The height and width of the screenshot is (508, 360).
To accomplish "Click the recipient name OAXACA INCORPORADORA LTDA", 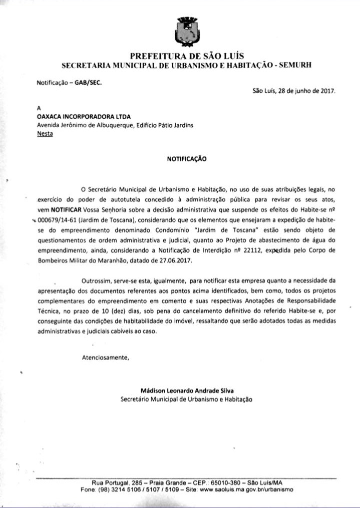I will point(77,117).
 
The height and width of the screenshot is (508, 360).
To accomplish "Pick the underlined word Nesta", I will point(45,134).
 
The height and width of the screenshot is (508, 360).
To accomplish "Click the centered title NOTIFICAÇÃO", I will point(186,159).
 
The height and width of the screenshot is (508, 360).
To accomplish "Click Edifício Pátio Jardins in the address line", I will point(164,125).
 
